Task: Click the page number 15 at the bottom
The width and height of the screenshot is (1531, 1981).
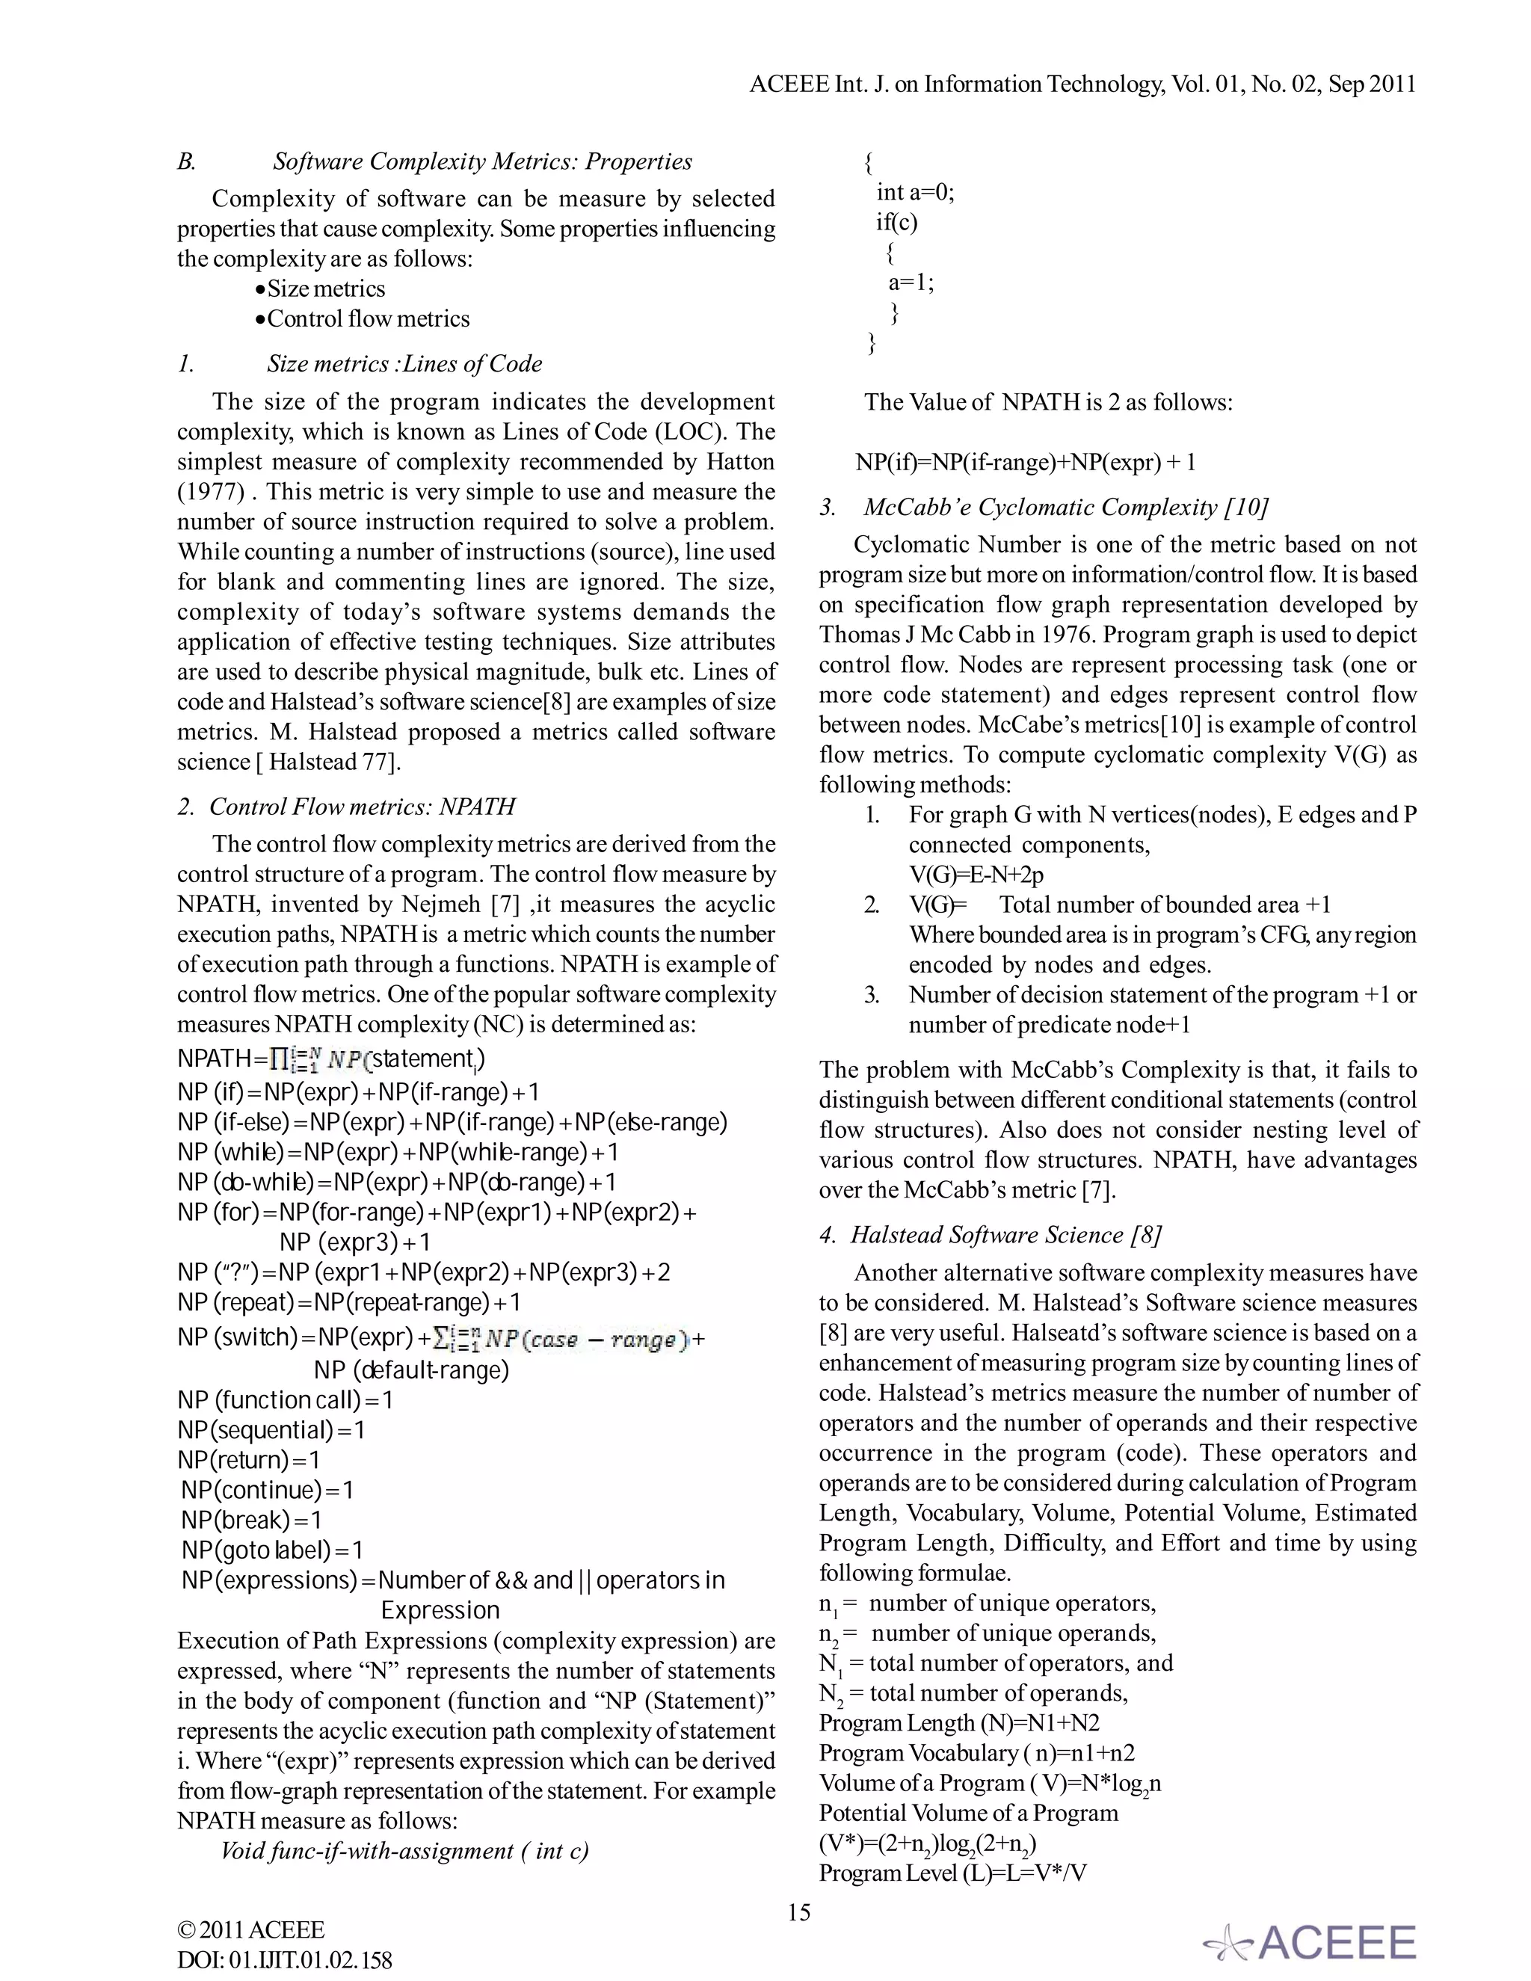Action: click(798, 1912)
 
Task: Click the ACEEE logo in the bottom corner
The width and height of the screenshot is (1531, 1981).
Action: click(1310, 1942)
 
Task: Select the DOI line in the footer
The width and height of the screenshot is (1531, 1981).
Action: click(285, 1960)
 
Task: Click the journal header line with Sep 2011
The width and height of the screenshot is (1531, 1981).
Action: click(1082, 84)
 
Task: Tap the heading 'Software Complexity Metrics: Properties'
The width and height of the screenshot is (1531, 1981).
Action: click(481, 161)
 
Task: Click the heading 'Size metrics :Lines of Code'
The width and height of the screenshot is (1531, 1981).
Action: click(404, 364)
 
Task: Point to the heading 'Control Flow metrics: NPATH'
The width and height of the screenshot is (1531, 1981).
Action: click(362, 807)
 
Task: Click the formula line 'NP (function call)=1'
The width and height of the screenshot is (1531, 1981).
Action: click(285, 1399)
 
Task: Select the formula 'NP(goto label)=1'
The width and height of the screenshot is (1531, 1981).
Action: click(272, 1550)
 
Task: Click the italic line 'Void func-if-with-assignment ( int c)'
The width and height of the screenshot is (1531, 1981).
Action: click(404, 1850)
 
